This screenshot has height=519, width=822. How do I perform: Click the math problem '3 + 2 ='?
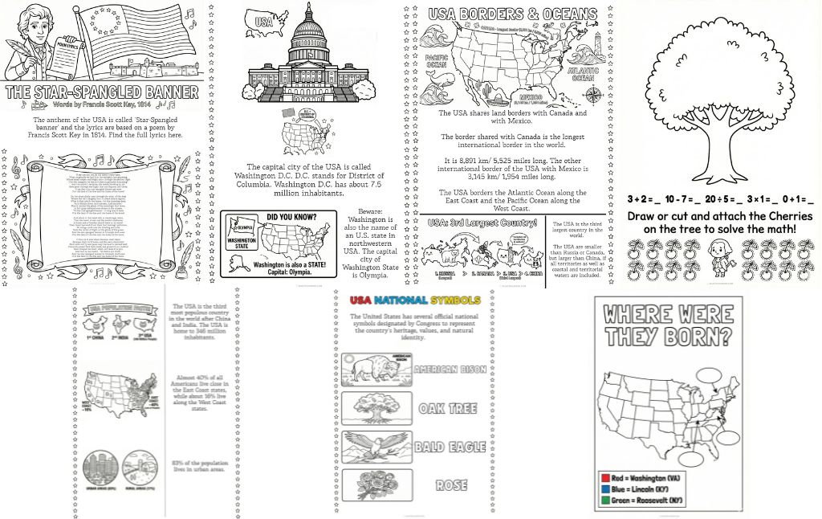point(645,199)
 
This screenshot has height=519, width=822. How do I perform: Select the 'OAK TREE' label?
point(448,407)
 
